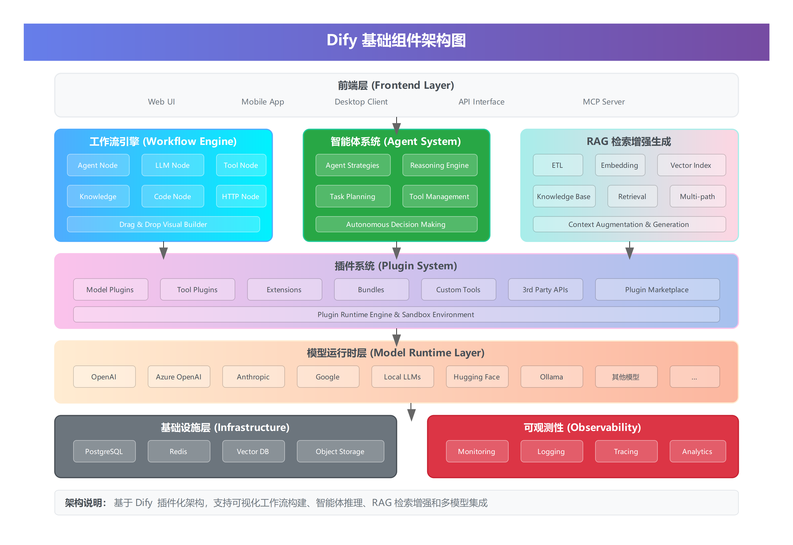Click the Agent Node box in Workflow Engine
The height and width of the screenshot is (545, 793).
[98, 165]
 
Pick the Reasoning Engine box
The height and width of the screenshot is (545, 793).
[439, 165]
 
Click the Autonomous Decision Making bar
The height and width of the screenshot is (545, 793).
[396, 224]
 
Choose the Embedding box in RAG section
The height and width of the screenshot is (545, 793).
[620, 165]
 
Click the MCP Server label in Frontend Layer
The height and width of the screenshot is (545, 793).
[604, 102]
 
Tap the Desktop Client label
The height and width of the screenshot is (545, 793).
[361, 102]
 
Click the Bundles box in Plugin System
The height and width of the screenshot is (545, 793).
[371, 290]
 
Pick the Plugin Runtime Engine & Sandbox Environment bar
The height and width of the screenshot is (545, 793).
[396, 314]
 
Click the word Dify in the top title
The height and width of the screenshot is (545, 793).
[342, 40]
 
